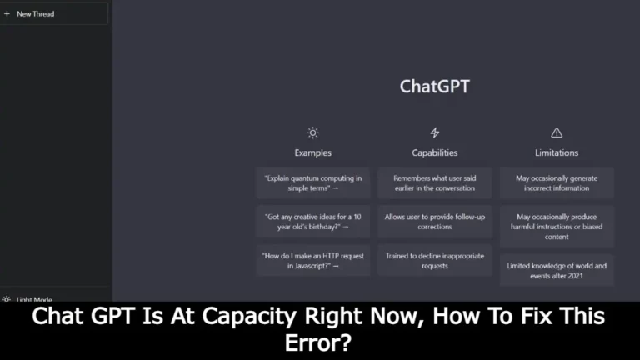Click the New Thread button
click(54, 13)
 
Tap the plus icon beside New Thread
click(7, 13)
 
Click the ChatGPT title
click(434, 87)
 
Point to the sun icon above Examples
click(312, 132)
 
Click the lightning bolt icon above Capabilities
click(434, 132)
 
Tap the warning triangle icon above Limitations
click(557, 132)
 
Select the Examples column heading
click(312, 152)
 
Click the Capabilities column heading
click(434, 152)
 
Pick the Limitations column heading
click(557, 152)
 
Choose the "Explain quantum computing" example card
click(312, 182)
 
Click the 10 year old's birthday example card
click(312, 221)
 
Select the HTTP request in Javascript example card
click(312, 260)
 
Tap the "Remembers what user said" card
click(434, 182)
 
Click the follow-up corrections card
click(434, 221)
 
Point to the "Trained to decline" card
click(434, 260)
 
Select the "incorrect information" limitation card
click(557, 182)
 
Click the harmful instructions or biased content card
click(557, 226)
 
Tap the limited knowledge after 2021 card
click(557, 270)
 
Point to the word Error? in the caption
click(320, 342)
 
